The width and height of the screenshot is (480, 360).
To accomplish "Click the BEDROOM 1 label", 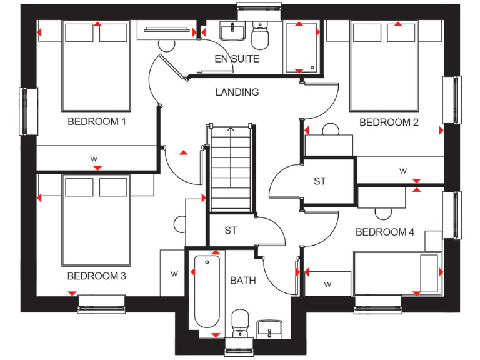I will click(97, 121).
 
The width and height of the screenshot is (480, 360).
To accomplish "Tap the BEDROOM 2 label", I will click(389, 122).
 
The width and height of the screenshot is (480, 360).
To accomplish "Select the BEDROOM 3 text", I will click(97, 276).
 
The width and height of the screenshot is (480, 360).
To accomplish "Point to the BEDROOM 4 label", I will click(385, 232).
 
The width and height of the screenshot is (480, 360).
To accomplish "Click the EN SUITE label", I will click(237, 59).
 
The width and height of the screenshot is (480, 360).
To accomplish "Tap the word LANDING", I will click(237, 92).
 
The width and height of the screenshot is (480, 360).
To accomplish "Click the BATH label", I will click(242, 281).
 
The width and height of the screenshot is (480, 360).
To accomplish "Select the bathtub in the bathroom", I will click(206, 291).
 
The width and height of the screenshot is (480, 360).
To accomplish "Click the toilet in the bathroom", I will click(240, 323).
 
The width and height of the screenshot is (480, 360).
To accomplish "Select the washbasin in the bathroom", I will click(269, 328).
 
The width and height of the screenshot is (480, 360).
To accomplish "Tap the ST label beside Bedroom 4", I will click(320, 181).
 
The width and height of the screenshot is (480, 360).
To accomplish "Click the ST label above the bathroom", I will click(231, 231).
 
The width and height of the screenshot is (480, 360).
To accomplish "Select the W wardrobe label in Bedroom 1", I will click(94, 158).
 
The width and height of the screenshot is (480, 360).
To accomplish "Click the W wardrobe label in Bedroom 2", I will click(403, 171).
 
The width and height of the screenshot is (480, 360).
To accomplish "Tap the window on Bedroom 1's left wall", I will click(25, 111).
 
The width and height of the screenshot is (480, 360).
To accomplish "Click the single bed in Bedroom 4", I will click(396, 272).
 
